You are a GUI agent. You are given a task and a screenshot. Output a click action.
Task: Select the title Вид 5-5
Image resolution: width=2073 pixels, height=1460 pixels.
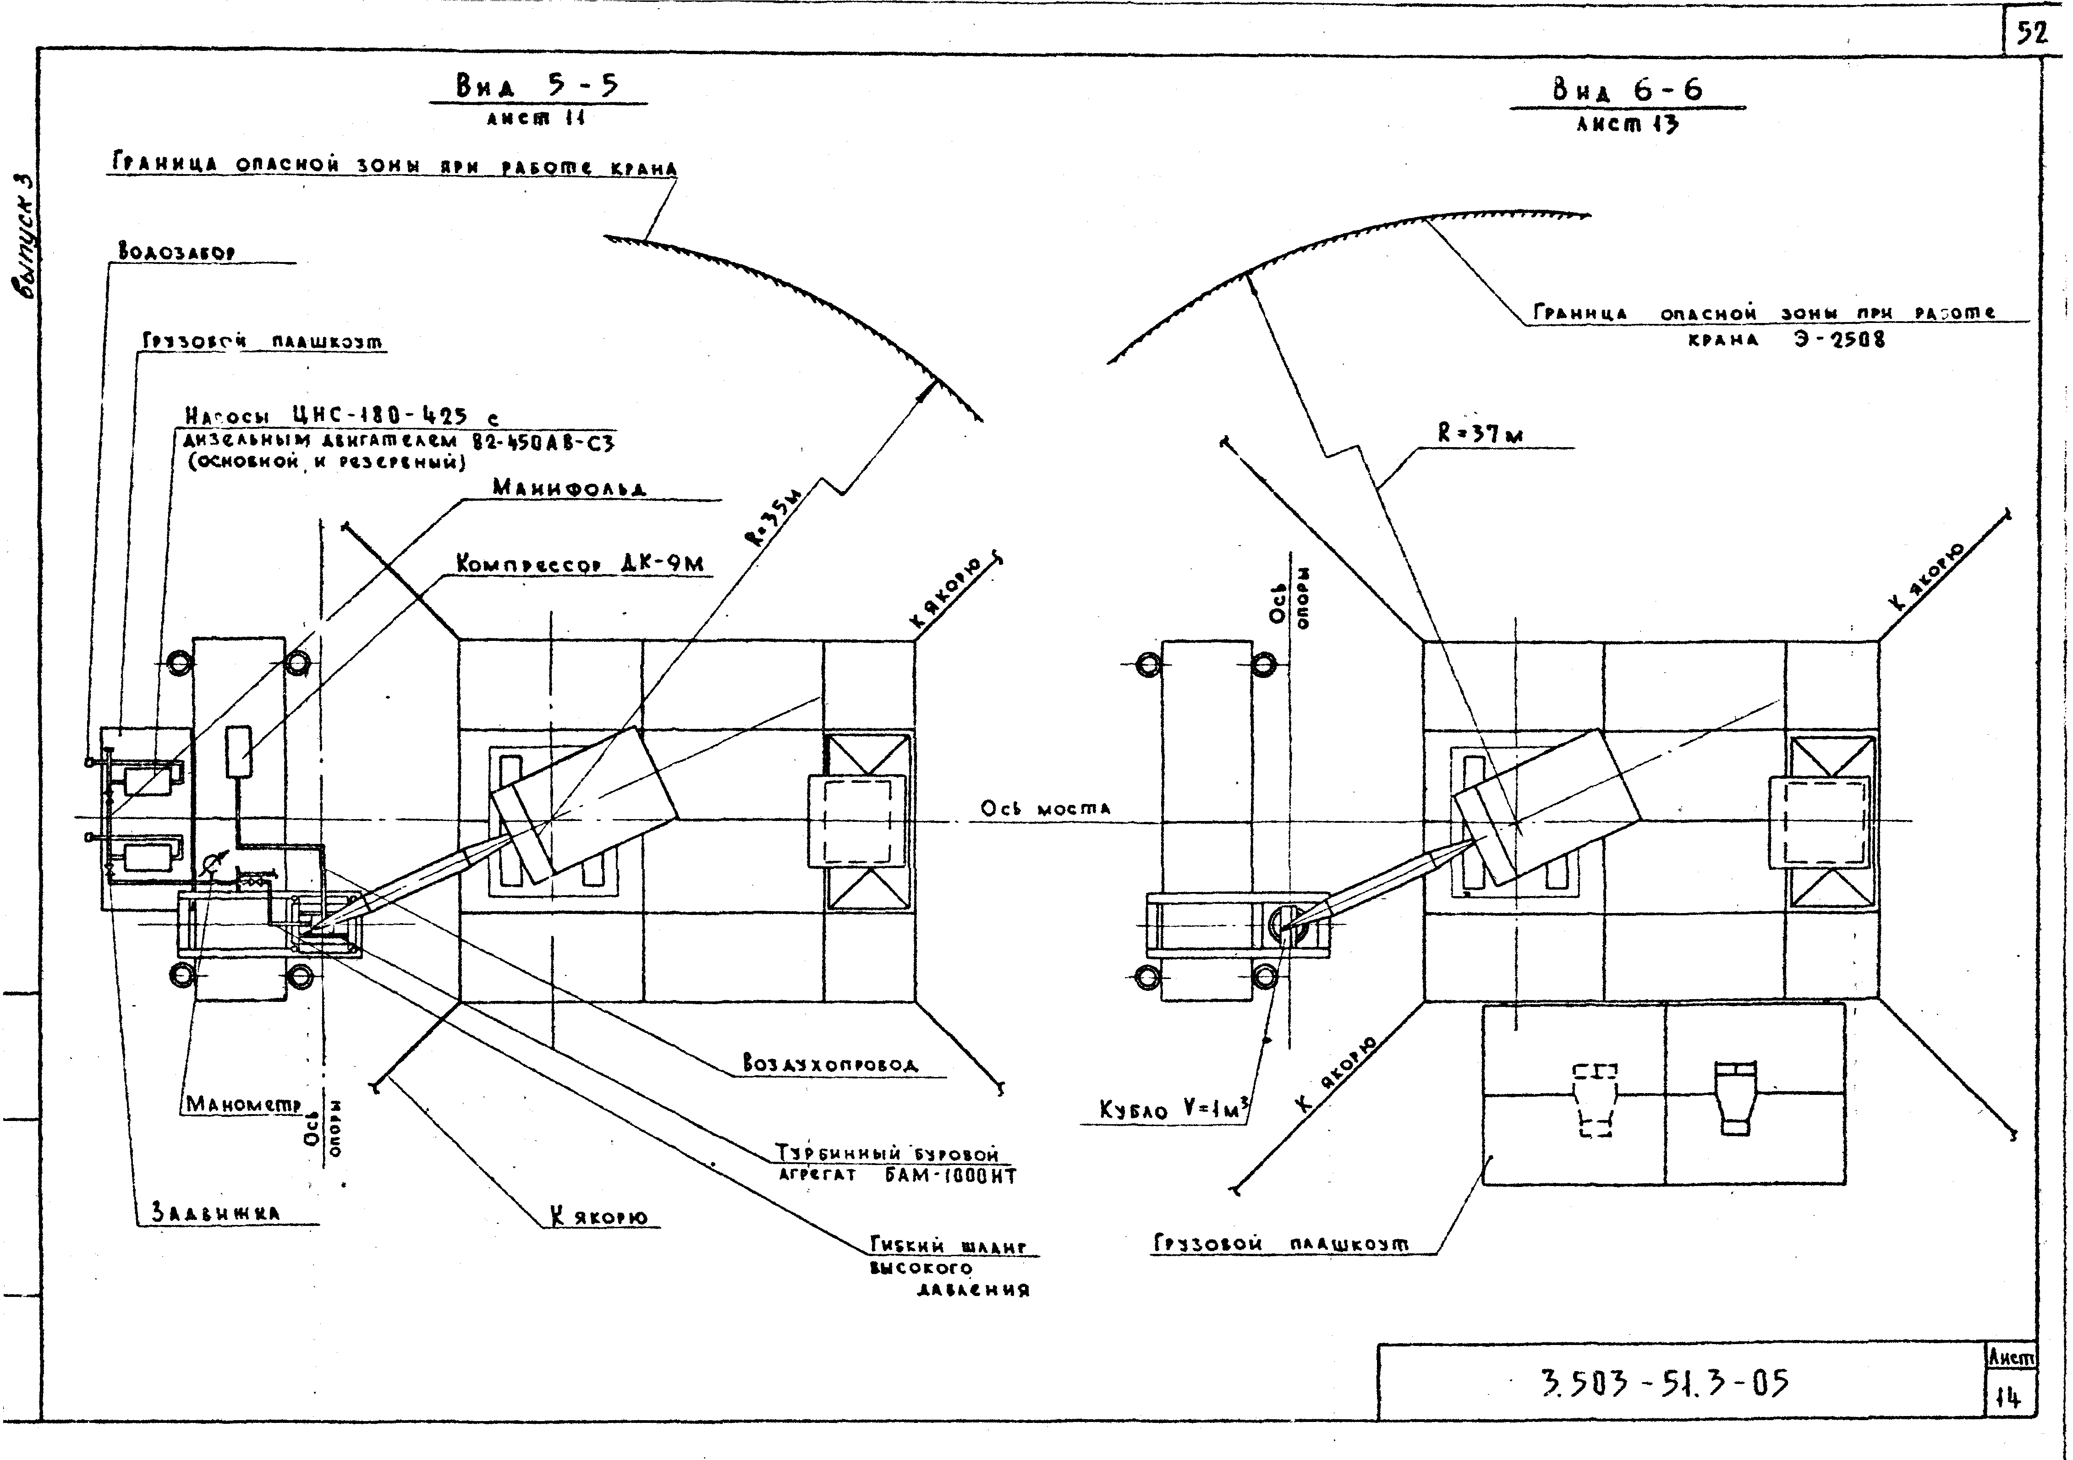[x=538, y=87]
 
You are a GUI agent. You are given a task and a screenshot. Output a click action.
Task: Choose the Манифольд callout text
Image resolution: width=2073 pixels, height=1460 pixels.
[x=569, y=487]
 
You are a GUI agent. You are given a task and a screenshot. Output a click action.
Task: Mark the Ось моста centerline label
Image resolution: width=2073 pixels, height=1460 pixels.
[x=1046, y=809]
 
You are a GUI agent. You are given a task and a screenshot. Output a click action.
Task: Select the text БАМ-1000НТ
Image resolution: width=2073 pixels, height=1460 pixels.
[x=951, y=1176]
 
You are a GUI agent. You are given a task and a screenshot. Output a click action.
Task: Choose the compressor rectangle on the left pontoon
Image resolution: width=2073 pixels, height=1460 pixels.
[x=238, y=750]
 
